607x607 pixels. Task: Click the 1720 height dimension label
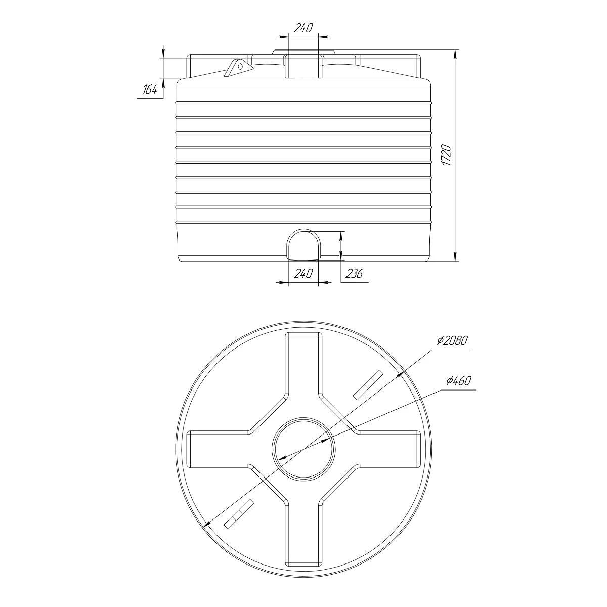pos(446,155)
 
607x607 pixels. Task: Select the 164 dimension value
pos(150,90)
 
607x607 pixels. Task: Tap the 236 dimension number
pos(355,273)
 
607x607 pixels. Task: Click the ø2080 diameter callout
pos(452,340)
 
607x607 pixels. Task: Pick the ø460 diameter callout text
pos(459,381)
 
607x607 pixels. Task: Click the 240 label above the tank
pos(303,28)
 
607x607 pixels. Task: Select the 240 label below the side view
pos(303,273)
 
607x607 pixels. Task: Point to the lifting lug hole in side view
pos(241,66)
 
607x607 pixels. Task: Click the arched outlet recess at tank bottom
pos(303,244)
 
